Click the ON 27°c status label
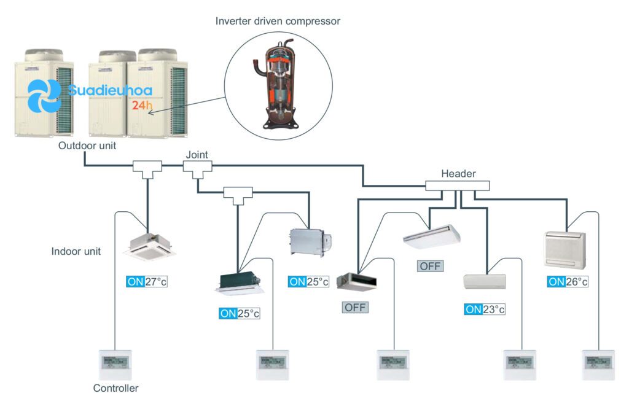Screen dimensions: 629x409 [x=147, y=281]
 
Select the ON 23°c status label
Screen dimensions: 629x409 [x=485, y=309]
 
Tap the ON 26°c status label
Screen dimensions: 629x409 [x=568, y=281]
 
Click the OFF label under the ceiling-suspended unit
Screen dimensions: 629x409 [x=430, y=266]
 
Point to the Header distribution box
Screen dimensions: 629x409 [x=457, y=185]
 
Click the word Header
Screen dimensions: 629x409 [x=458, y=174]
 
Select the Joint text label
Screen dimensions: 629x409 [x=197, y=155]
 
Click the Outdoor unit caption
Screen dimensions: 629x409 [x=87, y=146]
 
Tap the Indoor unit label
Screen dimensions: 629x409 [x=76, y=251]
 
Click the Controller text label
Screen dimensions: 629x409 [x=115, y=388]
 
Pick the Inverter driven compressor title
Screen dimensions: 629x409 [x=278, y=21]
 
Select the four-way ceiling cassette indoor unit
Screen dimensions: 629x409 [x=149, y=247]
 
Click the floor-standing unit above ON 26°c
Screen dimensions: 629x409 [x=565, y=249]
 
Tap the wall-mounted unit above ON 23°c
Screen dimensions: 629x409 [x=485, y=281]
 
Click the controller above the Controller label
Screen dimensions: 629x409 [x=115, y=365]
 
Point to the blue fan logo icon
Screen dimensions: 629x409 [x=44, y=96]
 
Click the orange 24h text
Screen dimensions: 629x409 [x=142, y=105]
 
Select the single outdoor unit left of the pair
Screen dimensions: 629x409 [x=44, y=93]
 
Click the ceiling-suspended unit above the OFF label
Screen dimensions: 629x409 [x=432, y=236]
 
